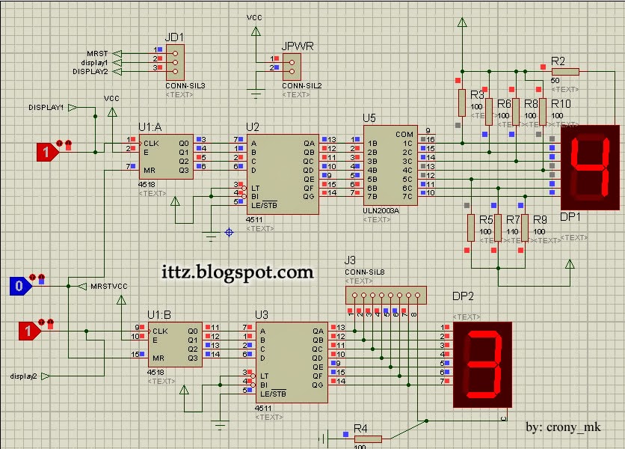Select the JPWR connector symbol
(x=292, y=66)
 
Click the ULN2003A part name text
(x=381, y=211)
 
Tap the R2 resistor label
(x=558, y=60)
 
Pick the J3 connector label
(x=350, y=260)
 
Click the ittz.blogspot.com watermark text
(x=238, y=272)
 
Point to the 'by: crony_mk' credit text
(x=563, y=427)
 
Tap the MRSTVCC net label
(x=110, y=286)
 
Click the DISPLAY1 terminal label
(x=46, y=108)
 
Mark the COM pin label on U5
(x=404, y=135)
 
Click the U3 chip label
(x=262, y=314)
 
